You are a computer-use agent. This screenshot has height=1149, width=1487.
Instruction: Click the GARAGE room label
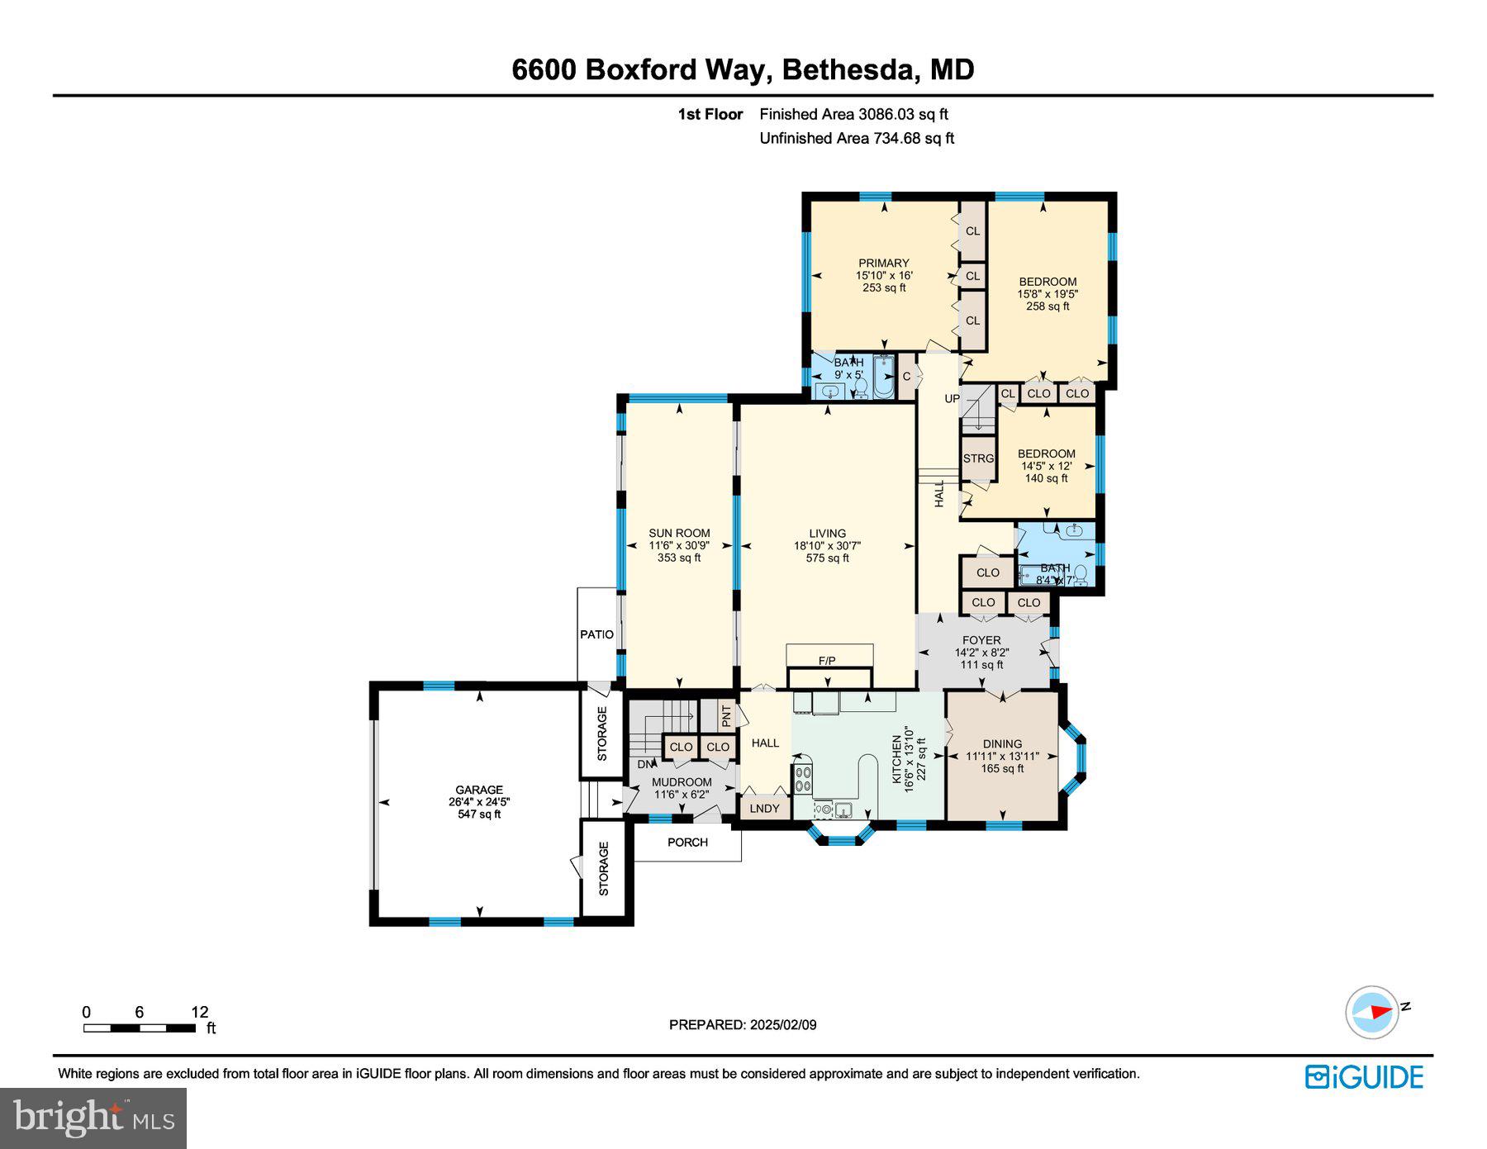click(478, 790)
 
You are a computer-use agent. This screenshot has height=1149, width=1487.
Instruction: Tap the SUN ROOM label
click(679, 534)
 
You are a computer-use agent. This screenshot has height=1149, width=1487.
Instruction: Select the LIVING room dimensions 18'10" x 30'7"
click(827, 546)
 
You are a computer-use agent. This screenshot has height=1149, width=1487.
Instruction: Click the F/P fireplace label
click(827, 661)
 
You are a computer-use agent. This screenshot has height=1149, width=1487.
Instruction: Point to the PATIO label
click(596, 634)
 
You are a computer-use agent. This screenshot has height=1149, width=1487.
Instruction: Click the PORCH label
click(687, 843)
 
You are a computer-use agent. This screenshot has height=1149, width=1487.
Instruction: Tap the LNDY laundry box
click(764, 808)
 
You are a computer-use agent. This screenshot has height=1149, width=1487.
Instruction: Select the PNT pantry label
click(725, 715)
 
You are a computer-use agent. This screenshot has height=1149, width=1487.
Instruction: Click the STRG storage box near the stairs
click(978, 459)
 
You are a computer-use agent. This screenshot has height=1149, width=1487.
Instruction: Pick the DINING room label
click(1002, 743)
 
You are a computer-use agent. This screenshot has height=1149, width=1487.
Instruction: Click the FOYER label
click(981, 640)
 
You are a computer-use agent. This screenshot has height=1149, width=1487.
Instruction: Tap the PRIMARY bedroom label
click(883, 264)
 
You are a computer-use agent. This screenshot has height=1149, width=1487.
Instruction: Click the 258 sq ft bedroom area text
click(1047, 306)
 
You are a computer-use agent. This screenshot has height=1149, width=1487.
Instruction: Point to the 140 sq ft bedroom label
click(1046, 478)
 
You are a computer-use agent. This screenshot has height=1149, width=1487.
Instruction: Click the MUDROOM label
click(682, 782)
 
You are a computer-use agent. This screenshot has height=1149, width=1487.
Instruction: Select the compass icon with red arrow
click(1372, 1011)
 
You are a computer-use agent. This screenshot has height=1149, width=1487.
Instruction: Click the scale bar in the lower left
click(139, 1028)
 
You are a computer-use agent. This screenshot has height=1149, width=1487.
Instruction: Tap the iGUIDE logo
click(1364, 1077)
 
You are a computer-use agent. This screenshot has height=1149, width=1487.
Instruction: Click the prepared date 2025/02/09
click(782, 1025)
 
